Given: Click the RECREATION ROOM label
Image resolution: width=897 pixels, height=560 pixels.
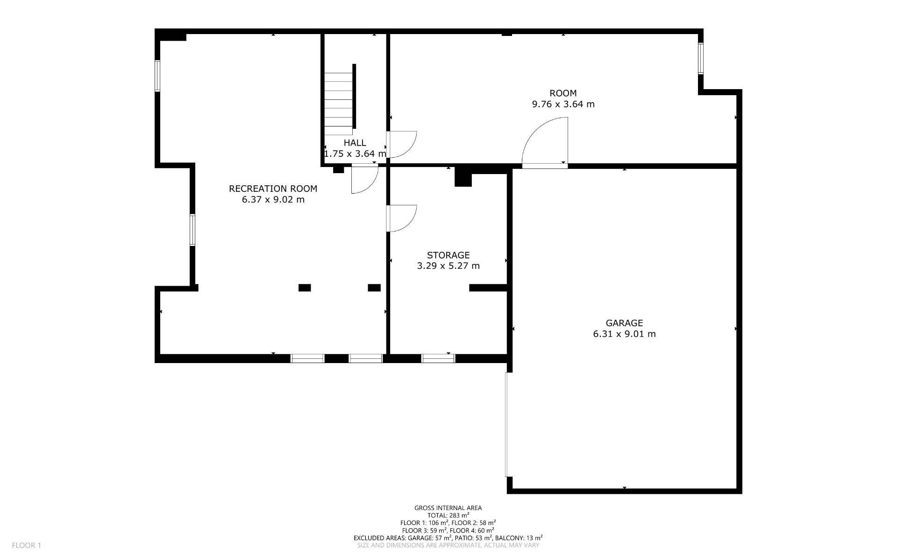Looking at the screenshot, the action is coord(273,189).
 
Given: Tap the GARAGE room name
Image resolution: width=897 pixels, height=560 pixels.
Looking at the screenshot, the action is coord(624,323).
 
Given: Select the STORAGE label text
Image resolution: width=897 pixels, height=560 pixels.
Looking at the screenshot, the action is coord(448,255).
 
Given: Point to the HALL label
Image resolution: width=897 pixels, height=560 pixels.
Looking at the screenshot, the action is coord(355,143).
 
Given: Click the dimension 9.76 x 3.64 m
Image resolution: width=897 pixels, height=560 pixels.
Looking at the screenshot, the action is coord(563,104).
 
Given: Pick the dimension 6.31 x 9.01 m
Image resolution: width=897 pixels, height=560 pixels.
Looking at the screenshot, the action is coord(624,334).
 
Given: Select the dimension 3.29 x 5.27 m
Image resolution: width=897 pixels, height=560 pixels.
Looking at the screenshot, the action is coord(448,266).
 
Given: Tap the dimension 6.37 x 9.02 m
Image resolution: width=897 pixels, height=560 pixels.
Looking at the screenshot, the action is coord(273,200).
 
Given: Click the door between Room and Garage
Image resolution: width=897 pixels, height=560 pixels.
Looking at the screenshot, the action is coord(545,143).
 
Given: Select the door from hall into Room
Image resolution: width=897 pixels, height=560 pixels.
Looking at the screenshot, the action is coord(401,145).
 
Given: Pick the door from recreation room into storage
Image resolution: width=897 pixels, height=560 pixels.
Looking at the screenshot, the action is coord(401,218).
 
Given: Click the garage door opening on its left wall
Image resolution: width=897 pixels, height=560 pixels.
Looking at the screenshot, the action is coord(507,425).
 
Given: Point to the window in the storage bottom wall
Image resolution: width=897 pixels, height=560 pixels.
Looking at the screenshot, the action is coord(438,358).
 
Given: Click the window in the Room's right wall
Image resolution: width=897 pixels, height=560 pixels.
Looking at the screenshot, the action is coord(701,58).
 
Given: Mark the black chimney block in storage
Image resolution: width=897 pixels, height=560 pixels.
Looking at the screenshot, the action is coord(463,176).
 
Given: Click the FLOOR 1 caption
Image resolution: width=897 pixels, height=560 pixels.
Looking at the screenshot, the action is coord(27,545).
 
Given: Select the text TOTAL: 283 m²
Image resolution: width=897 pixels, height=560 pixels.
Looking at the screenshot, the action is coord(448,515).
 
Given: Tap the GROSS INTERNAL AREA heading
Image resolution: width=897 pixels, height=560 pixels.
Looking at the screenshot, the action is coord(448,508).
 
